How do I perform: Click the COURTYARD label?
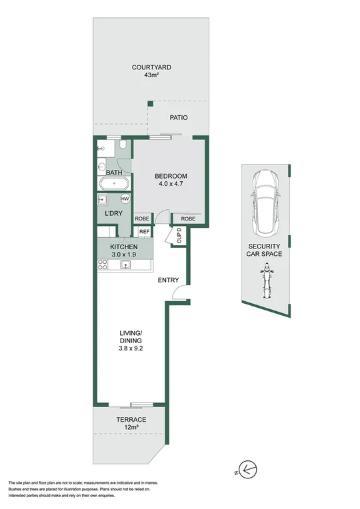click(151, 67)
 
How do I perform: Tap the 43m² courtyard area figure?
click(151, 76)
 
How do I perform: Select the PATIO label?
click(178, 118)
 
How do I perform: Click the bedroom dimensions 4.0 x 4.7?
click(171, 185)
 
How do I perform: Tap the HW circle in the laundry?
click(125, 199)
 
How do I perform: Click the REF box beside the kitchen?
click(144, 232)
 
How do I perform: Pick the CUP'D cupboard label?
click(179, 237)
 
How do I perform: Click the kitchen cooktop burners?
click(103, 264)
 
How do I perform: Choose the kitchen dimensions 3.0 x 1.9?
click(123, 254)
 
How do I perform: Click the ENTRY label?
click(169, 280)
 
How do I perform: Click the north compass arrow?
click(247, 472)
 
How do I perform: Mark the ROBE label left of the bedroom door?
click(142, 219)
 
